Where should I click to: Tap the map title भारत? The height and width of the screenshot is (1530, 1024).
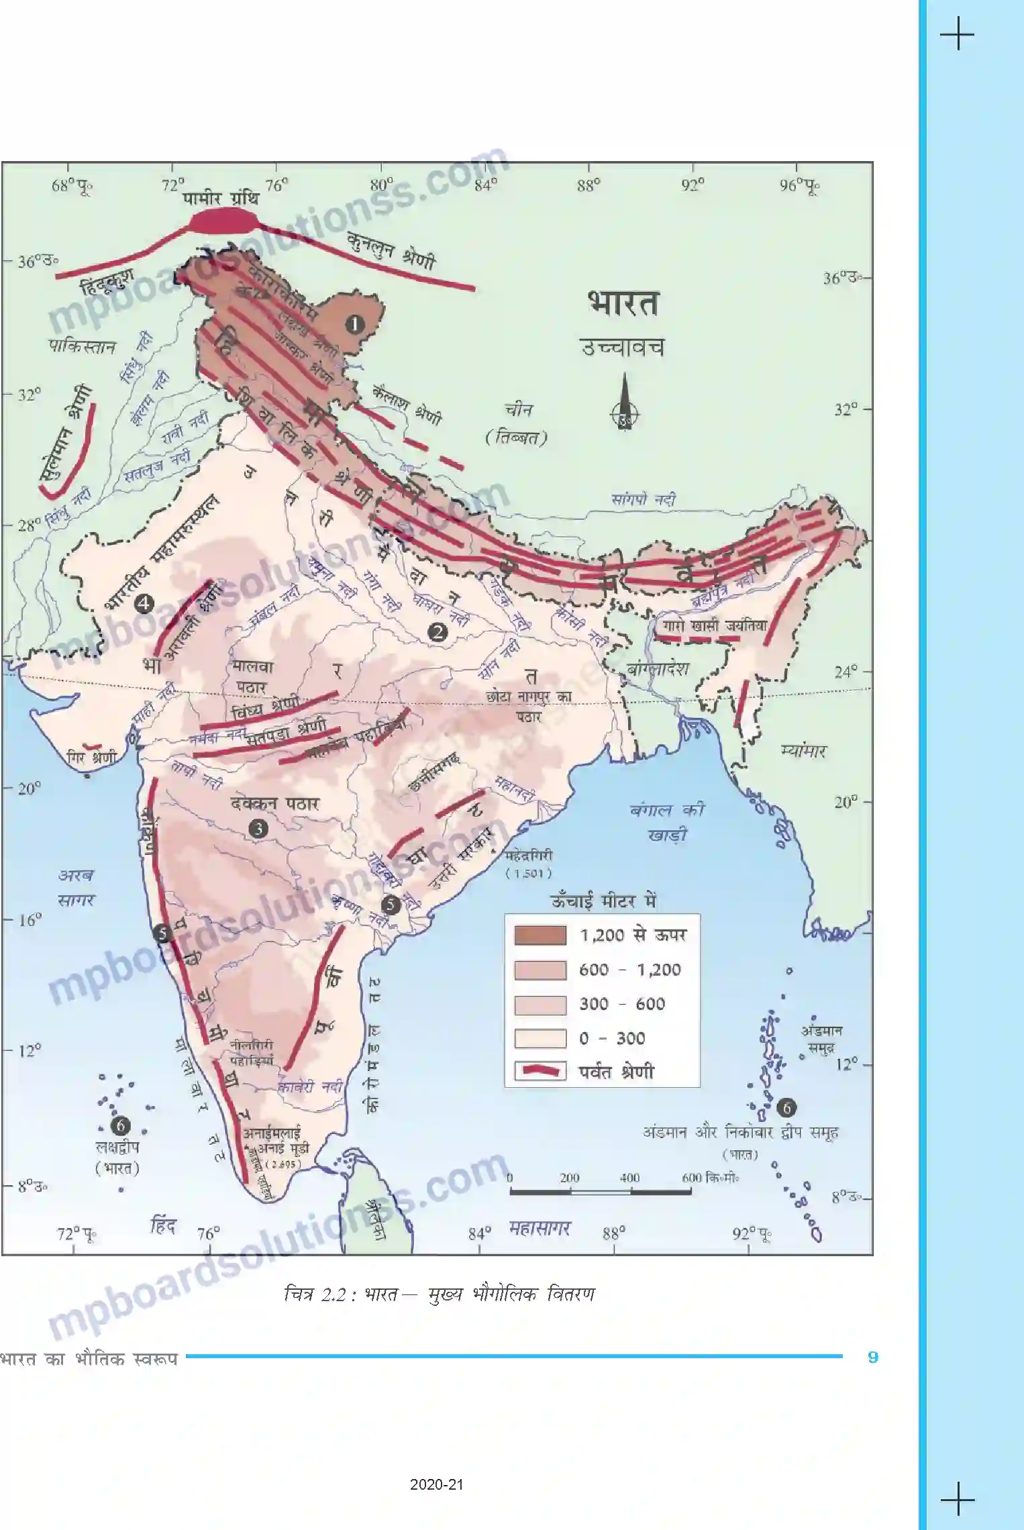(623, 304)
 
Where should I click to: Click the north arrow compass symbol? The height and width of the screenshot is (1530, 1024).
(625, 403)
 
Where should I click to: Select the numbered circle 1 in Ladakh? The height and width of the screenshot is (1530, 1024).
(354, 325)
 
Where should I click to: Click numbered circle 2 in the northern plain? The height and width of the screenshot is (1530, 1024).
(438, 631)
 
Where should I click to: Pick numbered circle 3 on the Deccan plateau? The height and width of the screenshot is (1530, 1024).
(258, 829)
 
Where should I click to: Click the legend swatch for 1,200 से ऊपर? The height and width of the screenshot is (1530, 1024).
(540, 935)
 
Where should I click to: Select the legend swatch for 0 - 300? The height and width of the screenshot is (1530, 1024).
(540, 1038)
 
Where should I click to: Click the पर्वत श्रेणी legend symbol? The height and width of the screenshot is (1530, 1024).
(540, 1071)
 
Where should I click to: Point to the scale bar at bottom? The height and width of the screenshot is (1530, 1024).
(600, 1192)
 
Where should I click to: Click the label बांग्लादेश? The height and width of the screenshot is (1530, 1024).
(658, 669)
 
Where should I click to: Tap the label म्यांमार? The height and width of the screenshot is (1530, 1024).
(804, 751)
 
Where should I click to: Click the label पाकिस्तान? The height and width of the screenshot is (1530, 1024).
(83, 347)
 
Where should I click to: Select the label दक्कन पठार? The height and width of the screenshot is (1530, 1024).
(275, 803)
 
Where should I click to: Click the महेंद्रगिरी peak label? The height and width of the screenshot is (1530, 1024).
(529, 856)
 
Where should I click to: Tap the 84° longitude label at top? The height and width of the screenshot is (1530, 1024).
(486, 185)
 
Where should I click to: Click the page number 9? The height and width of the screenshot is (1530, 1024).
(872, 1357)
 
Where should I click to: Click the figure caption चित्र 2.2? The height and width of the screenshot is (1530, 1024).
(440, 1294)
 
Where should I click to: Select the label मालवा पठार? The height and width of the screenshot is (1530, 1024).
(254, 677)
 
